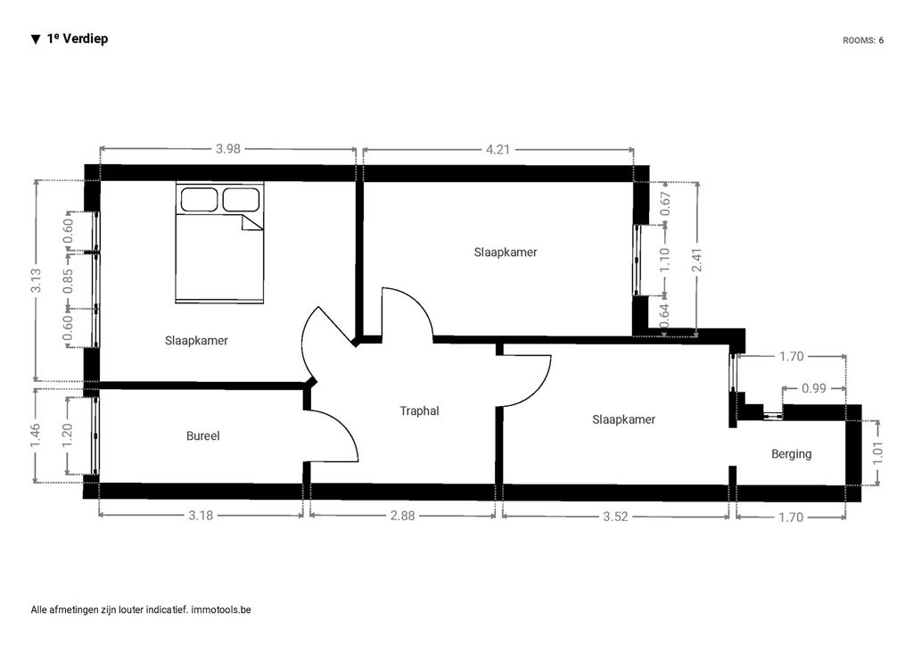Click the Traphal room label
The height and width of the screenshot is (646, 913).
pos(419,410)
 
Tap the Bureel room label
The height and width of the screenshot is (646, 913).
pos(203,435)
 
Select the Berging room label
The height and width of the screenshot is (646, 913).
pos(792,454)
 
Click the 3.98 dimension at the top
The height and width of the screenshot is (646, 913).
pos(227,148)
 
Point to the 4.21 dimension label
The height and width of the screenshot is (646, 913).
pos(498,150)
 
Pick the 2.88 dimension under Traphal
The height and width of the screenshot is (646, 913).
pos(402,516)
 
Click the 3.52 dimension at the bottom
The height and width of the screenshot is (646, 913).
pos(615,517)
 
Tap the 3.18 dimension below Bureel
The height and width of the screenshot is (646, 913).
pos(201,516)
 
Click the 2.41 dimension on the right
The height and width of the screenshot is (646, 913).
pos(696,260)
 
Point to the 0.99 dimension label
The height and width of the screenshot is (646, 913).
pos(814,388)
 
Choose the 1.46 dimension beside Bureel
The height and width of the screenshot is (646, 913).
pos(36,435)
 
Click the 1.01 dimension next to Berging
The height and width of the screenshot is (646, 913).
pos(878,452)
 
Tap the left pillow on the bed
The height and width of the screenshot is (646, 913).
pos(199,199)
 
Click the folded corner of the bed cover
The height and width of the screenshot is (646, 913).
pos(252,222)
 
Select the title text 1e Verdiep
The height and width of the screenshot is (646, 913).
pos(78,38)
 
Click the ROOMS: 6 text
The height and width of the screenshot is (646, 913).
pos(863,40)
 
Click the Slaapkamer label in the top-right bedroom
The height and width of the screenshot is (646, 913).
pos(506,253)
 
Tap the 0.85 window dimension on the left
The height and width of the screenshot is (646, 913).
pos(69,281)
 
